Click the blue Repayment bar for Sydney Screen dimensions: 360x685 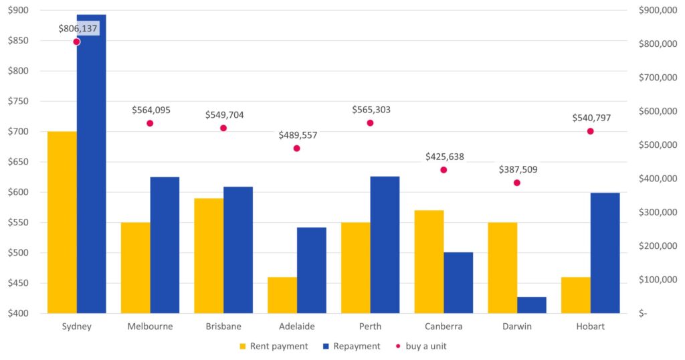pos(91,164)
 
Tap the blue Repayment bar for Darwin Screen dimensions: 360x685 pos(532,305)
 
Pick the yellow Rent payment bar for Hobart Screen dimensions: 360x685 pos(575,295)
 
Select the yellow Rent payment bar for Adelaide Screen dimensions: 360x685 pos(282,295)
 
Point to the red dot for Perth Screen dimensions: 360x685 pos(370,123)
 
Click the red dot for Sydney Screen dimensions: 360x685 pos(76,41)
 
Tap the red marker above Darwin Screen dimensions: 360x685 pos(517,183)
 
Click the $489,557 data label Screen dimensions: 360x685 pos(298,135)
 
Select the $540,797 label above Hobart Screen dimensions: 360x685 pos(591,118)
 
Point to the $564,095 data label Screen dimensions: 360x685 pos(151,110)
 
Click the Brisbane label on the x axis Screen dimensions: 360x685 pos(223,327)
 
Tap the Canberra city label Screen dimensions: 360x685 pos(444,327)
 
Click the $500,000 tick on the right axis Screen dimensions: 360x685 pos(651,145)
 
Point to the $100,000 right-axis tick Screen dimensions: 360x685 pos(651,280)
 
